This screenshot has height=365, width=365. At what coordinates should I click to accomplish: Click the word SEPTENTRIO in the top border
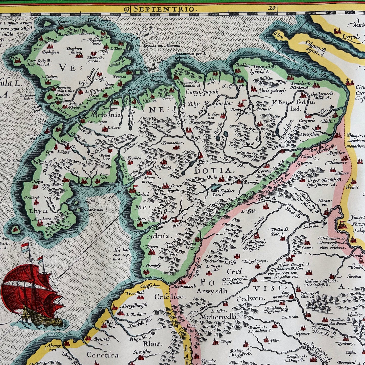164,9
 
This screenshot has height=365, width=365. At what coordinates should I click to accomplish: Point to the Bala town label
210,177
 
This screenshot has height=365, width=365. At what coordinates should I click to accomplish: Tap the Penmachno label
173,143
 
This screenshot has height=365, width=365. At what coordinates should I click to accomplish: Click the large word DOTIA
213,171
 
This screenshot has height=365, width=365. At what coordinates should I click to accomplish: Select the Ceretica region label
102,355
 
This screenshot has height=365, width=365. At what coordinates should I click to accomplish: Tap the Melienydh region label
219,317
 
